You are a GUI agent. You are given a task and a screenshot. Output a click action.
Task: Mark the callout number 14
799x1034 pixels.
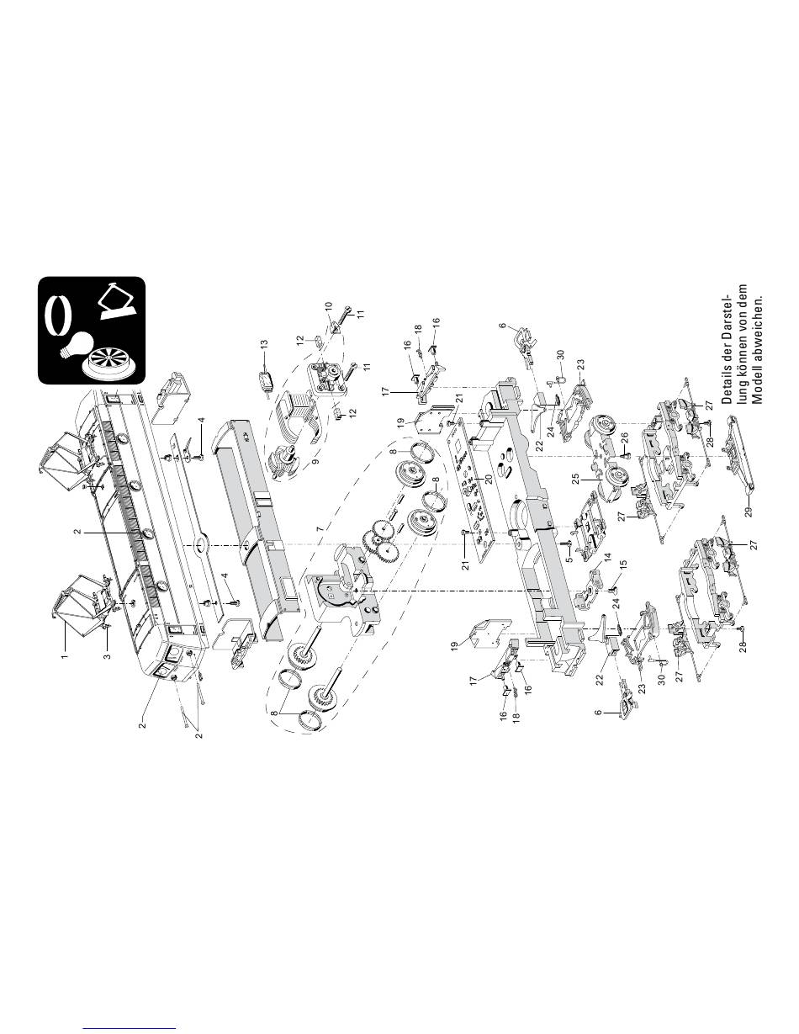608,581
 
